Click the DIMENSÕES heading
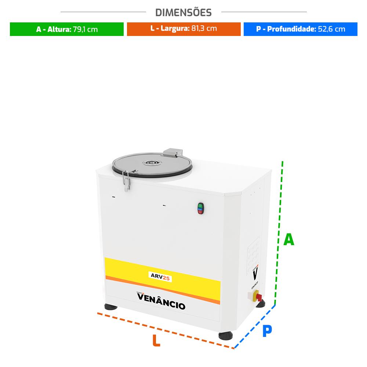tap(183, 12)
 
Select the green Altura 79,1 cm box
tap(67, 29)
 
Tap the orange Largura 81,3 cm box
tap(183, 29)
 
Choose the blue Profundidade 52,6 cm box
tap(300, 29)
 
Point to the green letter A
tap(289, 240)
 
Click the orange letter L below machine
tap(156, 341)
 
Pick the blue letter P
tap(267, 331)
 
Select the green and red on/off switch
tap(200, 208)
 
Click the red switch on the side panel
tap(257, 296)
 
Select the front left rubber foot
tap(111, 307)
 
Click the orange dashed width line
tap(165, 330)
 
